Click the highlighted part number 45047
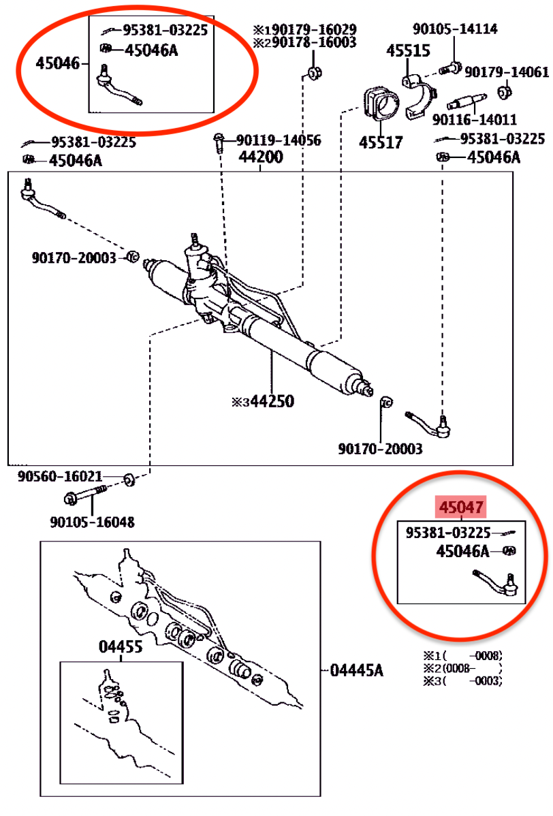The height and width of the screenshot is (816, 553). point(461,507)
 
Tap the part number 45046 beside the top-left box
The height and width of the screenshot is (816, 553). point(58,63)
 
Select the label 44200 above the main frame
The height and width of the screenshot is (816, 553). point(261,157)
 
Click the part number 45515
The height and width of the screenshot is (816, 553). point(409,51)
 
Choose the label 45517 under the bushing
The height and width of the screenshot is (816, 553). point(381,142)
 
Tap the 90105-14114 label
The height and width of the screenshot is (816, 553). point(455,29)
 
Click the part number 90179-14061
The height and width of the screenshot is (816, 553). point(507,72)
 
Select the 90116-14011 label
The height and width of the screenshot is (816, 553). point(475,120)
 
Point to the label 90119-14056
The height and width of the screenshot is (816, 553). point(279,140)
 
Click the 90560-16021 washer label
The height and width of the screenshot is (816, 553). point(60,476)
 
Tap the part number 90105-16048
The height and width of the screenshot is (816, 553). point(92,522)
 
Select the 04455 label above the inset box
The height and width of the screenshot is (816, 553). point(121,647)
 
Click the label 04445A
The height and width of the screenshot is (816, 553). point(357,670)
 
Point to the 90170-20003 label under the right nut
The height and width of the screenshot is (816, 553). point(380,449)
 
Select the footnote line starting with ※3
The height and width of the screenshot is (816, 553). point(462,680)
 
